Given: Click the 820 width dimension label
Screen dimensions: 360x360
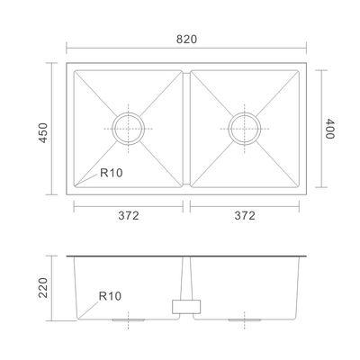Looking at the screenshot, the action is (186, 40).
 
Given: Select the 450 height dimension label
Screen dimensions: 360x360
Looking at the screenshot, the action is (43, 132).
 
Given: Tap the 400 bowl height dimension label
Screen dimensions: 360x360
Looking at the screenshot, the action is (329, 129).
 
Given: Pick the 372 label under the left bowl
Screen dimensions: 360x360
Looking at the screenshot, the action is (129, 215).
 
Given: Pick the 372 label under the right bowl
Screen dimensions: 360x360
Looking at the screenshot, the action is (245, 215).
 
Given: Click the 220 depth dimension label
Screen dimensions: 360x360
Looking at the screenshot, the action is (43, 288).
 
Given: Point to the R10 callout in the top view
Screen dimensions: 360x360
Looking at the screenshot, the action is (112, 173).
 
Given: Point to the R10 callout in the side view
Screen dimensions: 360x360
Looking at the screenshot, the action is (110, 296).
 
